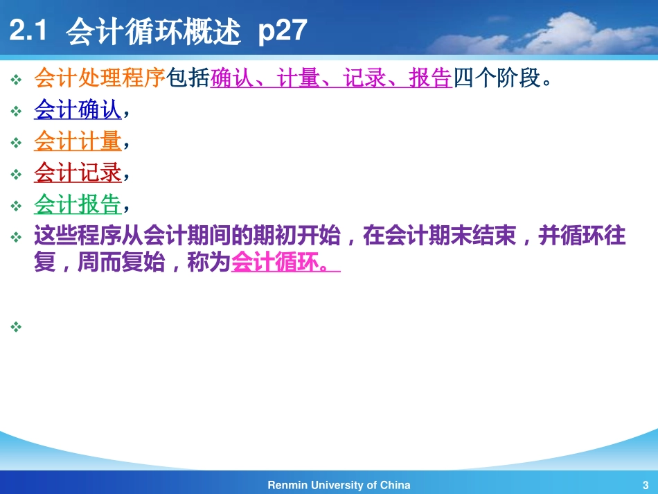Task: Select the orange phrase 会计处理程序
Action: coord(100,78)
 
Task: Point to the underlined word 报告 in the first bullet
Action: coord(430,78)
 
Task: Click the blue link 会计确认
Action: coord(78,109)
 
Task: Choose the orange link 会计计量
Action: coord(78,141)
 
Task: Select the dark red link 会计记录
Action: coord(78,173)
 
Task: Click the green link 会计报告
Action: coord(78,204)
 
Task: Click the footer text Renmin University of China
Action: coord(339,485)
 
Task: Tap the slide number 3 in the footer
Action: coord(645,485)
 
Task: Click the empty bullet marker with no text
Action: coord(17,325)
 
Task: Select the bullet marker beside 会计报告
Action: coord(17,206)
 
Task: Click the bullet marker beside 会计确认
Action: coord(17,111)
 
